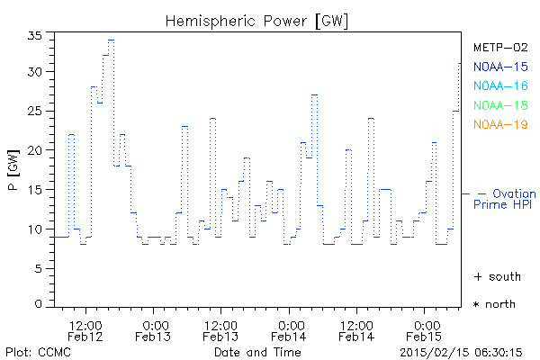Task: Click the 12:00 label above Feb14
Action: [356, 324]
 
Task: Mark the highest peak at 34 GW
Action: [111, 40]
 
